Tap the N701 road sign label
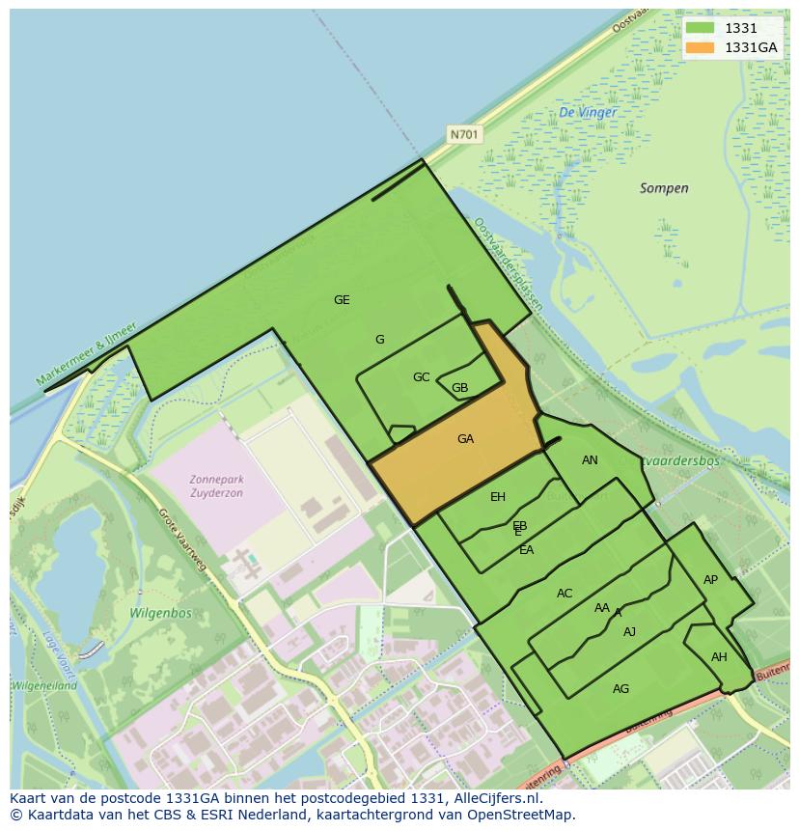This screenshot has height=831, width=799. pos(464,135)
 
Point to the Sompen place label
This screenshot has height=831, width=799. pos(664,188)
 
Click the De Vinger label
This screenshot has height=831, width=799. pos(587,113)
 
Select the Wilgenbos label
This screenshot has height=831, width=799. pos(160,613)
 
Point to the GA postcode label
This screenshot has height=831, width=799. pos(465,439)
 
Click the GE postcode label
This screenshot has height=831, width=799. pos(342,300)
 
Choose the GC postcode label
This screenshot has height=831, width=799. pos(421,377)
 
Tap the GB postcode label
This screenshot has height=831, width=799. pos(459,389)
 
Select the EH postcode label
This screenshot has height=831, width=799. pos(498,497)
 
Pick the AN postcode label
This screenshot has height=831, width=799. pos(590,460)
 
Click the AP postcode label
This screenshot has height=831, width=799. pos(710,580)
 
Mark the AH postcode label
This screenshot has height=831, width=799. pos(719,657)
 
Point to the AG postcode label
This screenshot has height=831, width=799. pos(620,688)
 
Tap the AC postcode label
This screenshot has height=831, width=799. pos(565,594)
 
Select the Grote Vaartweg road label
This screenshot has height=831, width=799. pos(182,540)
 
